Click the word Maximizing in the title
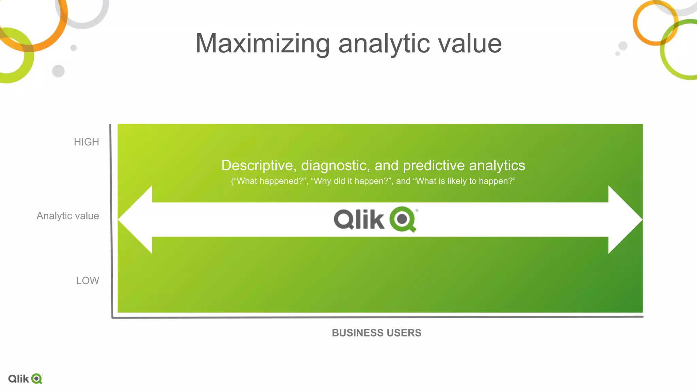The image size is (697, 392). (262, 44)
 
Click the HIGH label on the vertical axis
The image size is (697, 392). (86, 142)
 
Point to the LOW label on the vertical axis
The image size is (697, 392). (87, 280)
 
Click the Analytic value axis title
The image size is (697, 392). (68, 216)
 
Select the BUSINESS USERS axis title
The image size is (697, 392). (376, 333)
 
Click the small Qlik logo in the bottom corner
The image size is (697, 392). (25, 379)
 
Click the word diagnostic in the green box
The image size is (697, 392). (335, 165)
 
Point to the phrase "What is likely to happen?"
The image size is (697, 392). (464, 181)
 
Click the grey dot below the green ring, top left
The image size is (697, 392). (58, 71)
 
